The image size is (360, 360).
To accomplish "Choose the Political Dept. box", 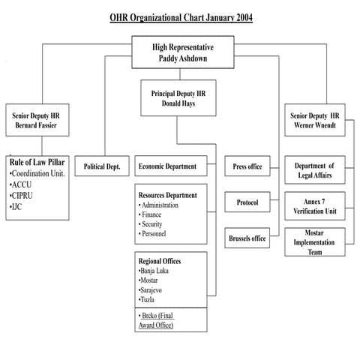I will tap(106, 166).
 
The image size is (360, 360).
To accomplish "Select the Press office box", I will tap(247, 166).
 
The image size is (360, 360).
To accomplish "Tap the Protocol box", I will tap(247, 203).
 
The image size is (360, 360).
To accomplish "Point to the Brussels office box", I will tap(247, 238).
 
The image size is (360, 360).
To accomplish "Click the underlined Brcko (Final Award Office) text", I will tap(158, 320).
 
